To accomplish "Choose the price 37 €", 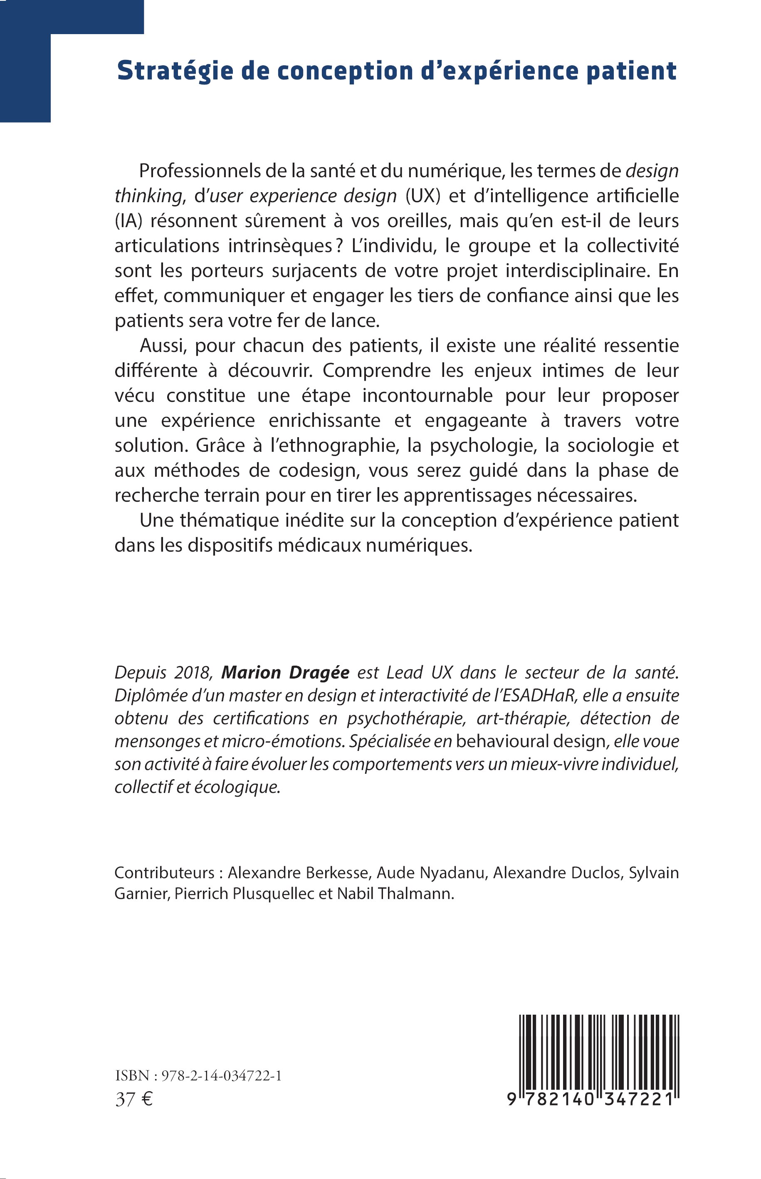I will (x=134, y=1100).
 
